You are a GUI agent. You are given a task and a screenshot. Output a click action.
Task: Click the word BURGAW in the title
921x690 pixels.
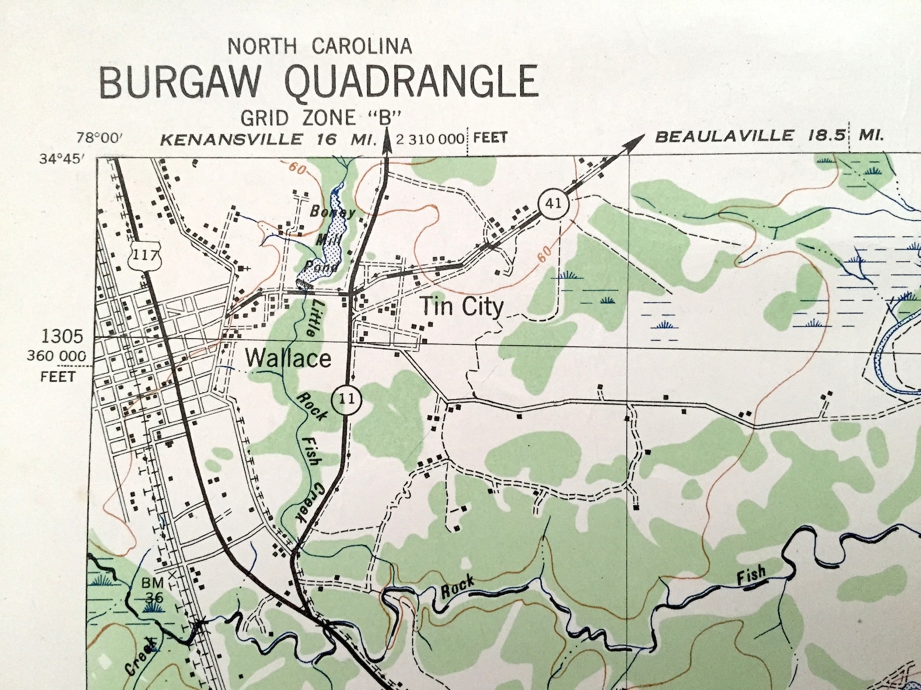(180, 82)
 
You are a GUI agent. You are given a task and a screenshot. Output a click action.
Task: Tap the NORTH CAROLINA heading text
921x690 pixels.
(320, 46)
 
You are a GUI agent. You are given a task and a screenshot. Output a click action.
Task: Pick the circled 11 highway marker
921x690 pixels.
(346, 400)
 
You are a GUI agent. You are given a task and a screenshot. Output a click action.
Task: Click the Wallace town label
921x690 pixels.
(288, 359)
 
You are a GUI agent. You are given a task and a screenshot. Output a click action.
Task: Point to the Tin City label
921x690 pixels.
(462, 306)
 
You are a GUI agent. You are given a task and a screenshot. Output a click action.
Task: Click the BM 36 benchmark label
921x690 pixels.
(153, 590)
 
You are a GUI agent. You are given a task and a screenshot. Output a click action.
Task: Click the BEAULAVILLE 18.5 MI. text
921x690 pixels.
(768, 137)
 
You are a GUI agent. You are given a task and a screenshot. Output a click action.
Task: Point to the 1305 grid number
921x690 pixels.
(62, 337)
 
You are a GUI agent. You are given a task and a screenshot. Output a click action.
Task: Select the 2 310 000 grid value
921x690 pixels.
(431, 139)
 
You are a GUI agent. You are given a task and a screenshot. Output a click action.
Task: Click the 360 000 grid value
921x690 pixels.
(57, 356)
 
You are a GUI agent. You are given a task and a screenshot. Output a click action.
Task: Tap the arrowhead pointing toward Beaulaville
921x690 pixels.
(639, 138)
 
